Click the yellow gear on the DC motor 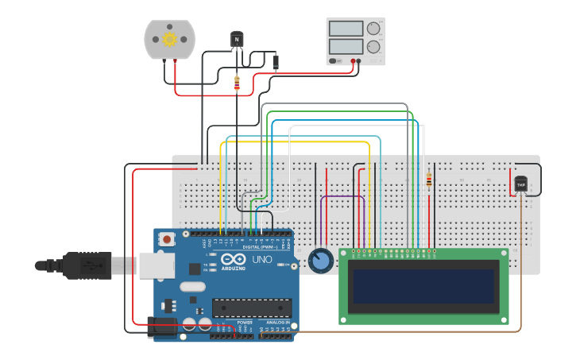pyautogui.click(x=169, y=39)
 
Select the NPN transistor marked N pyautogui.click(x=237, y=39)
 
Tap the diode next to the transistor pyautogui.click(x=276, y=60)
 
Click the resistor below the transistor pyautogui.click(x=237, y=82)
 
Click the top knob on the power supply pyautogui.click(x=373, y=29)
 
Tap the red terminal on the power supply pyautogui.click(x=353, y=61)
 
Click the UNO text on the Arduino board pyautogui.click(x=262, y=260)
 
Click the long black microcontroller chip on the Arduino pyautogui.click(x=251, y=308)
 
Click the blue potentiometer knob pyautogui.click(x=320, y=261)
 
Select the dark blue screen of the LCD pyautogui.click(x=424, y=286)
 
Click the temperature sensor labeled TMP pyautogui.click(x=521, y=184)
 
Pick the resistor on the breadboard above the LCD pyautogui.click(x=429, y=181)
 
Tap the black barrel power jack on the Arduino pyautogui.click(x=163, y=327)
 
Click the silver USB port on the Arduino pyautogui.click(x=157, y=265)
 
